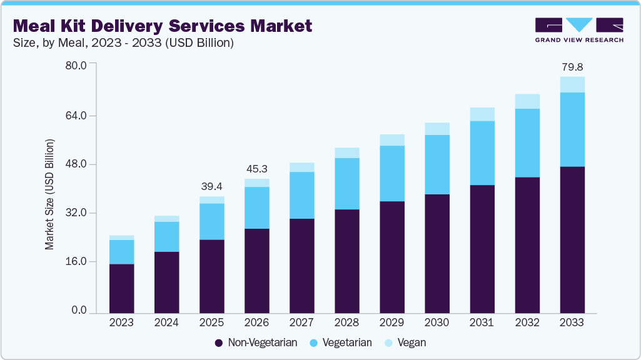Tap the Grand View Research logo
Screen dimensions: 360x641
click(x=579, y=30)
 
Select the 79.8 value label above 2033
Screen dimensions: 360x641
click(x=572, y=66)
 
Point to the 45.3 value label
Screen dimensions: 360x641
click(x=256, y=169)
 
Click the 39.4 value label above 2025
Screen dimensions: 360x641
click(x=211, y=186)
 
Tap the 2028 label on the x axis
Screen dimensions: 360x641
click(x=346, y=323)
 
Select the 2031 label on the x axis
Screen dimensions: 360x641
click(x=482, y=323)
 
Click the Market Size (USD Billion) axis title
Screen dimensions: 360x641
click(x=49, y=194)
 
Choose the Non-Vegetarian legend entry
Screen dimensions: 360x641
click(x=256, y=342)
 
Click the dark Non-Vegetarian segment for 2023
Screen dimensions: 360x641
click(x=121, y=287)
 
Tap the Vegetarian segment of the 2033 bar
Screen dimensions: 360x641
click(x=572, y=129)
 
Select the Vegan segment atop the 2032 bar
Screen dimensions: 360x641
click(x=527, y=101)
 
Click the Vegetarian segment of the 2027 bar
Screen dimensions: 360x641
click(x=301, y=195)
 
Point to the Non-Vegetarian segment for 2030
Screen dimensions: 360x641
click(x=437, y=253)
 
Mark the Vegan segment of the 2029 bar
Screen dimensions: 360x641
click(x=391, y=140)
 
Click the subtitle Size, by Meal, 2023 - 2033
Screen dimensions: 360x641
click(x=123, y=43)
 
